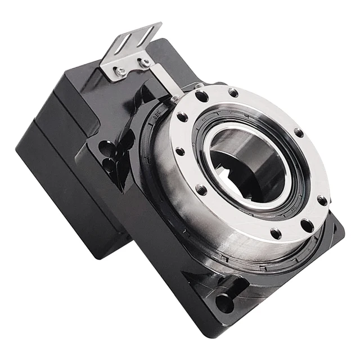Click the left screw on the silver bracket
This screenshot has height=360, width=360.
tap(121, 71)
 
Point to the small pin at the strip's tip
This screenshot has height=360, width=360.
tap(176, 99)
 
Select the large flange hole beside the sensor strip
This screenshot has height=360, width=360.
tap(201, 96)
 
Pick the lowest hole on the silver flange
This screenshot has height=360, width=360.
tap(276, 232)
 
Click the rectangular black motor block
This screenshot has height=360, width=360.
tap(62, 169)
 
